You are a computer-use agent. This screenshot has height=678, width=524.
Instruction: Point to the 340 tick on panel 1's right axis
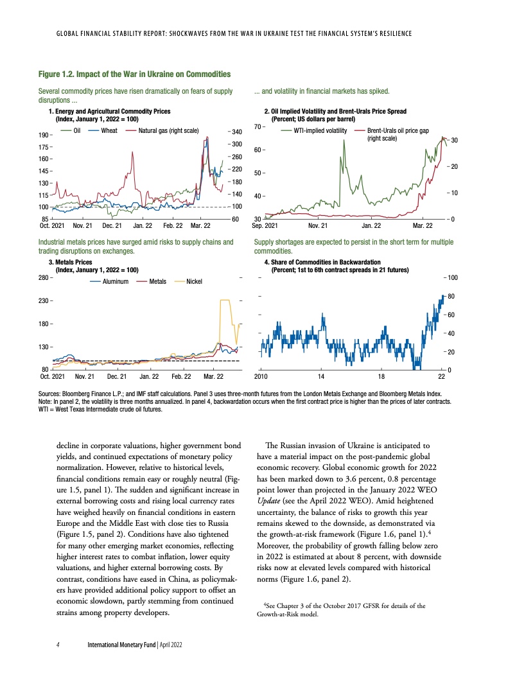pyautogui.click(x=236, y=132)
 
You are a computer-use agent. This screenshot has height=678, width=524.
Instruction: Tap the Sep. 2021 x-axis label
pyautogui.click(x=265, y=226)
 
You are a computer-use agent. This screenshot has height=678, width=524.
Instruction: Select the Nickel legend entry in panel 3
pyautogui.click(x=194, y=282)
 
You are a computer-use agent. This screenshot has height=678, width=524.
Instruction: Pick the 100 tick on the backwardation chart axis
pyautogui.click(x=453, y=277)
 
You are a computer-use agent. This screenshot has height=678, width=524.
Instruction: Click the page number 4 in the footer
pyautogui.click(x=58, y=643)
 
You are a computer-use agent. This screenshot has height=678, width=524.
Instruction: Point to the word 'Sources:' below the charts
pyautogui.click(x=50, y=390)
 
